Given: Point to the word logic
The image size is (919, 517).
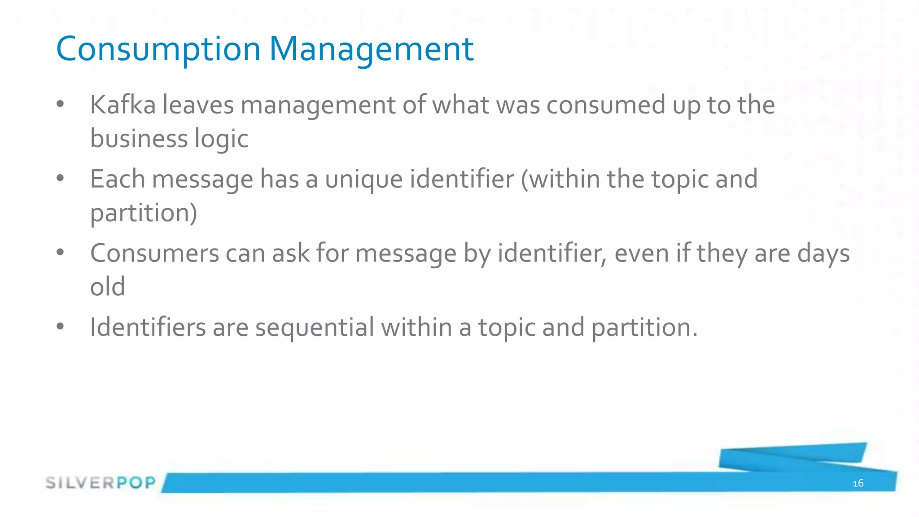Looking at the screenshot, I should (221, 139).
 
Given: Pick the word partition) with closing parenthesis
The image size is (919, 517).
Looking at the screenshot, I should (144, 213).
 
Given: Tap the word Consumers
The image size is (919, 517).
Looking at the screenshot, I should (154, 253).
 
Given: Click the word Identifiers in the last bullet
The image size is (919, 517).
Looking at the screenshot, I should (148, 327).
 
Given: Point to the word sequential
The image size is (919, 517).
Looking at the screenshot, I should (315, 328).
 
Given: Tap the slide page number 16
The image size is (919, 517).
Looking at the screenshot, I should (858, 483).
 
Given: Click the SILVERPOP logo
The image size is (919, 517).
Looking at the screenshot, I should (101, 482).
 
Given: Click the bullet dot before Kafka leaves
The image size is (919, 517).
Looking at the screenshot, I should (61, 105).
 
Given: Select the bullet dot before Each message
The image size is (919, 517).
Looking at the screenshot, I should (61, 179).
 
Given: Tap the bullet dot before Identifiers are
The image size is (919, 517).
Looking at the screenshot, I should (61, 326).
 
